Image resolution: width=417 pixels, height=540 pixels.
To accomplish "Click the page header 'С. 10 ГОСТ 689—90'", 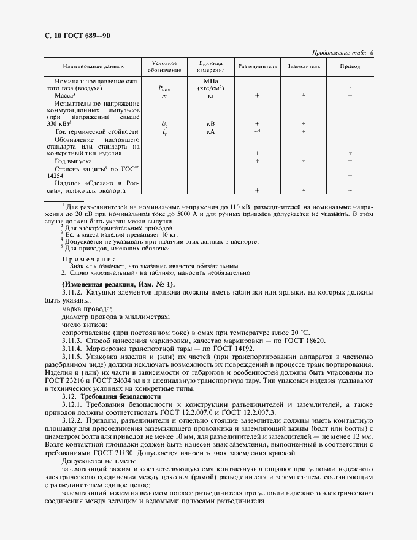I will (x=77, y=37).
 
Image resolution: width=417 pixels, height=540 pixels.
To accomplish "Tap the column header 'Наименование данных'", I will (x=93, y=66).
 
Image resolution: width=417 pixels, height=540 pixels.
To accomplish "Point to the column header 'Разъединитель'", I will (x=258, y=66).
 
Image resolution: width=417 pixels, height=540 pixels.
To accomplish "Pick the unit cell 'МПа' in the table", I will (x=210, y=81).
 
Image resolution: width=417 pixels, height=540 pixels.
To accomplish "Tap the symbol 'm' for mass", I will (x=164, y=95).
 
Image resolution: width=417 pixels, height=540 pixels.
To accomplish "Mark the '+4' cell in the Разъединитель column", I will (x=258, y=131).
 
